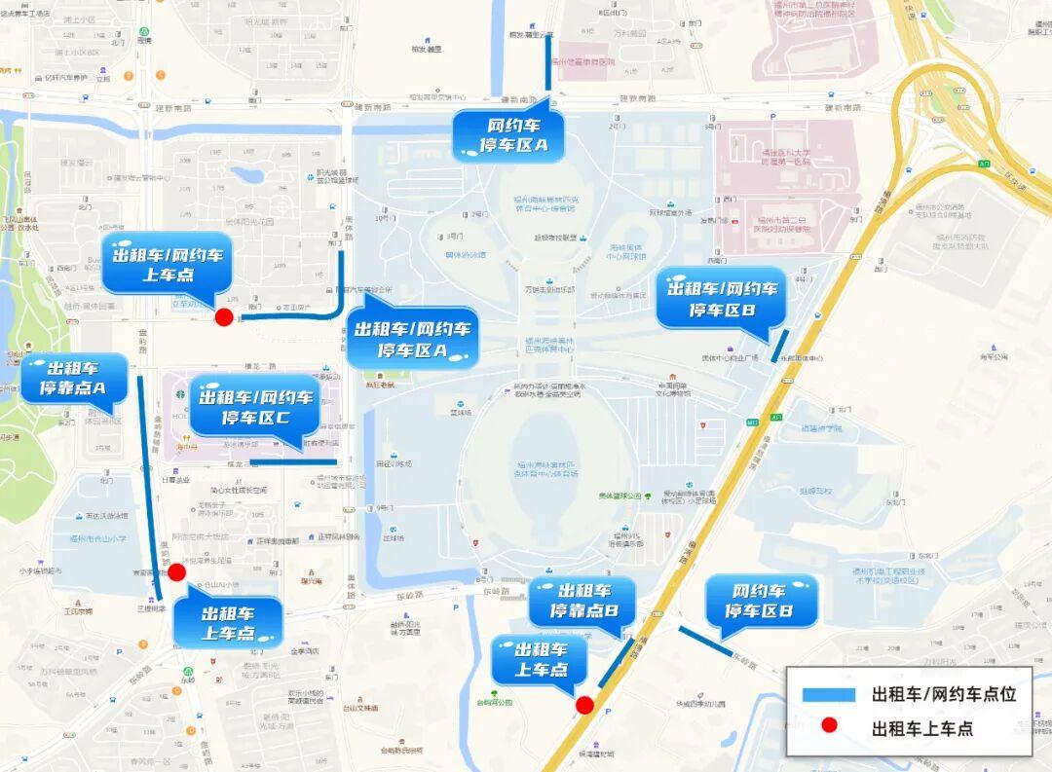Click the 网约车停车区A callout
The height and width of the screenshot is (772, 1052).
[509, 135]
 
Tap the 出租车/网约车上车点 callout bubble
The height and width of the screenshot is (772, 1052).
[167, 264]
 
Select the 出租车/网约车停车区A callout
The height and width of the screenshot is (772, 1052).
[411, 339]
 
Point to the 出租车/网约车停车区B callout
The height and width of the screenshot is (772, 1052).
[721, 299]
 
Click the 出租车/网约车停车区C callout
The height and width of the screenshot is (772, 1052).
[255, 406]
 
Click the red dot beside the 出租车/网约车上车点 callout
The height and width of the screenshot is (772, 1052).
[224, 316]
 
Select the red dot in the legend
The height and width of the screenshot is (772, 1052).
[829, 726]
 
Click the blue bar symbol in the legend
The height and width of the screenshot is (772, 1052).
[829, 694]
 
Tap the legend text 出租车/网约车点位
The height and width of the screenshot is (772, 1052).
[943, 694]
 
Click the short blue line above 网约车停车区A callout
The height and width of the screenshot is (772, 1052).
[548, 66]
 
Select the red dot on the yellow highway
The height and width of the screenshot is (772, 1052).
[584, 705]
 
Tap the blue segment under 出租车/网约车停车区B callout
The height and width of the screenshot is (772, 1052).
[780, 346]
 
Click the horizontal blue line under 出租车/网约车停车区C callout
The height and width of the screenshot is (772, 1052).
[292, 461]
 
